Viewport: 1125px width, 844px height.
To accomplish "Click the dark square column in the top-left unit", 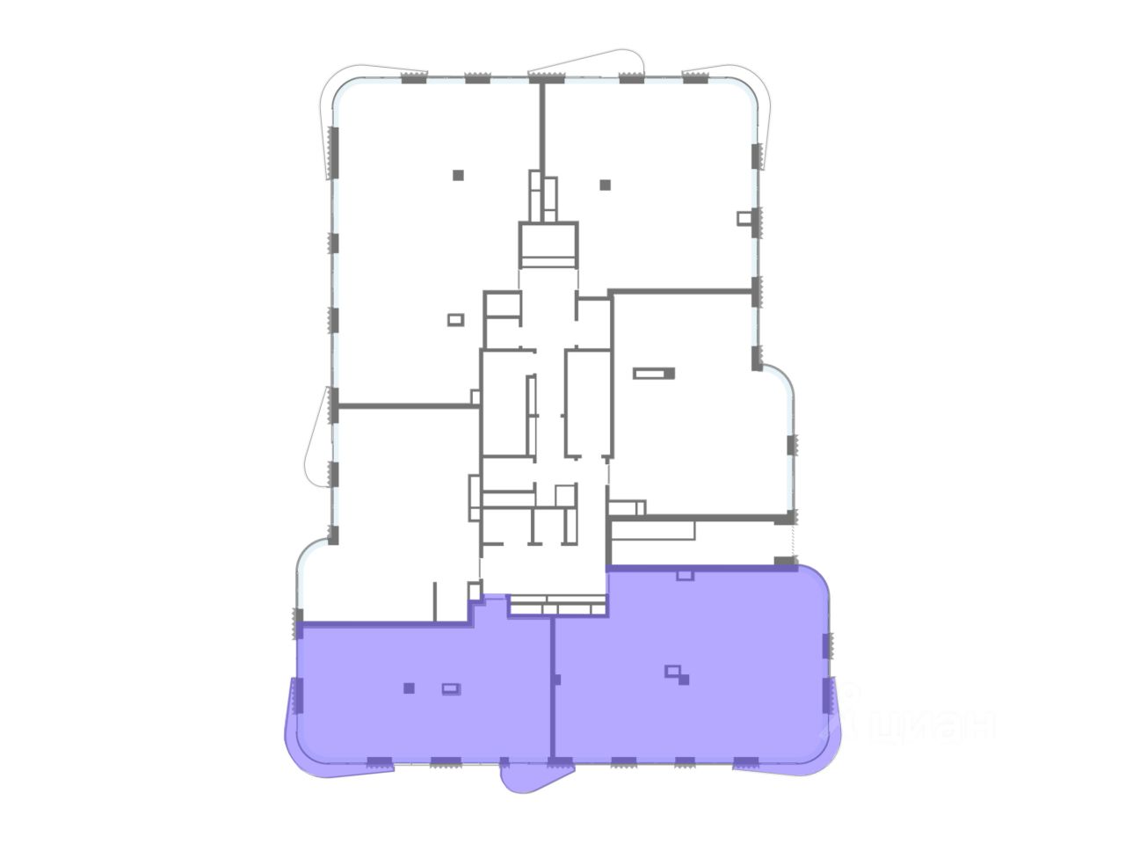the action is (x=458, y=175).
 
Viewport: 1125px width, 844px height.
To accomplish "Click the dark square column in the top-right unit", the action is (x=606, y=185).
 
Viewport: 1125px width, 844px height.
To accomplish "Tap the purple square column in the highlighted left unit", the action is (x=409, y=688).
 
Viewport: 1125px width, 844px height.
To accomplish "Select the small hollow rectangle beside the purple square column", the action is (x=451, y=689).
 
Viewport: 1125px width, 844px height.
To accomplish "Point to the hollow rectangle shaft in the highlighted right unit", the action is (x=672, y=671).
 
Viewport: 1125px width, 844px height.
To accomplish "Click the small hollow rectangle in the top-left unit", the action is (x=455, y=320).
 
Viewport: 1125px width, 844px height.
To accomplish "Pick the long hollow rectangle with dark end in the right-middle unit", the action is (x=654, y=373).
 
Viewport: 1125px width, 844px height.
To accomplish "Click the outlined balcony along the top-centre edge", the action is (x=587, y=65).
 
